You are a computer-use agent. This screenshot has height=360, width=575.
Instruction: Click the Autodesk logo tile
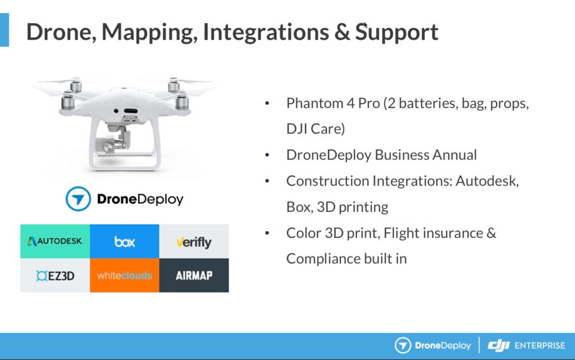tap(55, 241)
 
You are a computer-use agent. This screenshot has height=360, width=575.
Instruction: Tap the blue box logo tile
tap(125, 241)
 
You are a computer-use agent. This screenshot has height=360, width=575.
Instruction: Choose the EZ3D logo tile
tap(55, 275)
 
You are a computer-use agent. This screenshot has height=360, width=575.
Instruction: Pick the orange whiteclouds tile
tap(125, 275)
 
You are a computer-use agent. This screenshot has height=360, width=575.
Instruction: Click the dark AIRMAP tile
tap(193, 275)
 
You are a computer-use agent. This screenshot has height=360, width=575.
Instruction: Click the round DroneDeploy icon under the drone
tap(78, 199)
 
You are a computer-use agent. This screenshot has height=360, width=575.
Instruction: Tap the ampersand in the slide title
tap(342, 32)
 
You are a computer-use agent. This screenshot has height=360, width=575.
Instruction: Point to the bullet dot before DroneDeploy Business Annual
tap(267, 155)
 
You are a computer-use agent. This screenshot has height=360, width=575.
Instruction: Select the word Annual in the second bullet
tap(453, 155)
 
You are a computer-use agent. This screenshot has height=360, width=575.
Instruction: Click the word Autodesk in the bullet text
tap(487, 181)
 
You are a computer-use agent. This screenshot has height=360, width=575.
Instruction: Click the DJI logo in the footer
tap(499, 345)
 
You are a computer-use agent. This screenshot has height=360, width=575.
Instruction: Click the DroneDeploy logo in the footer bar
tap(433, 345)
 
